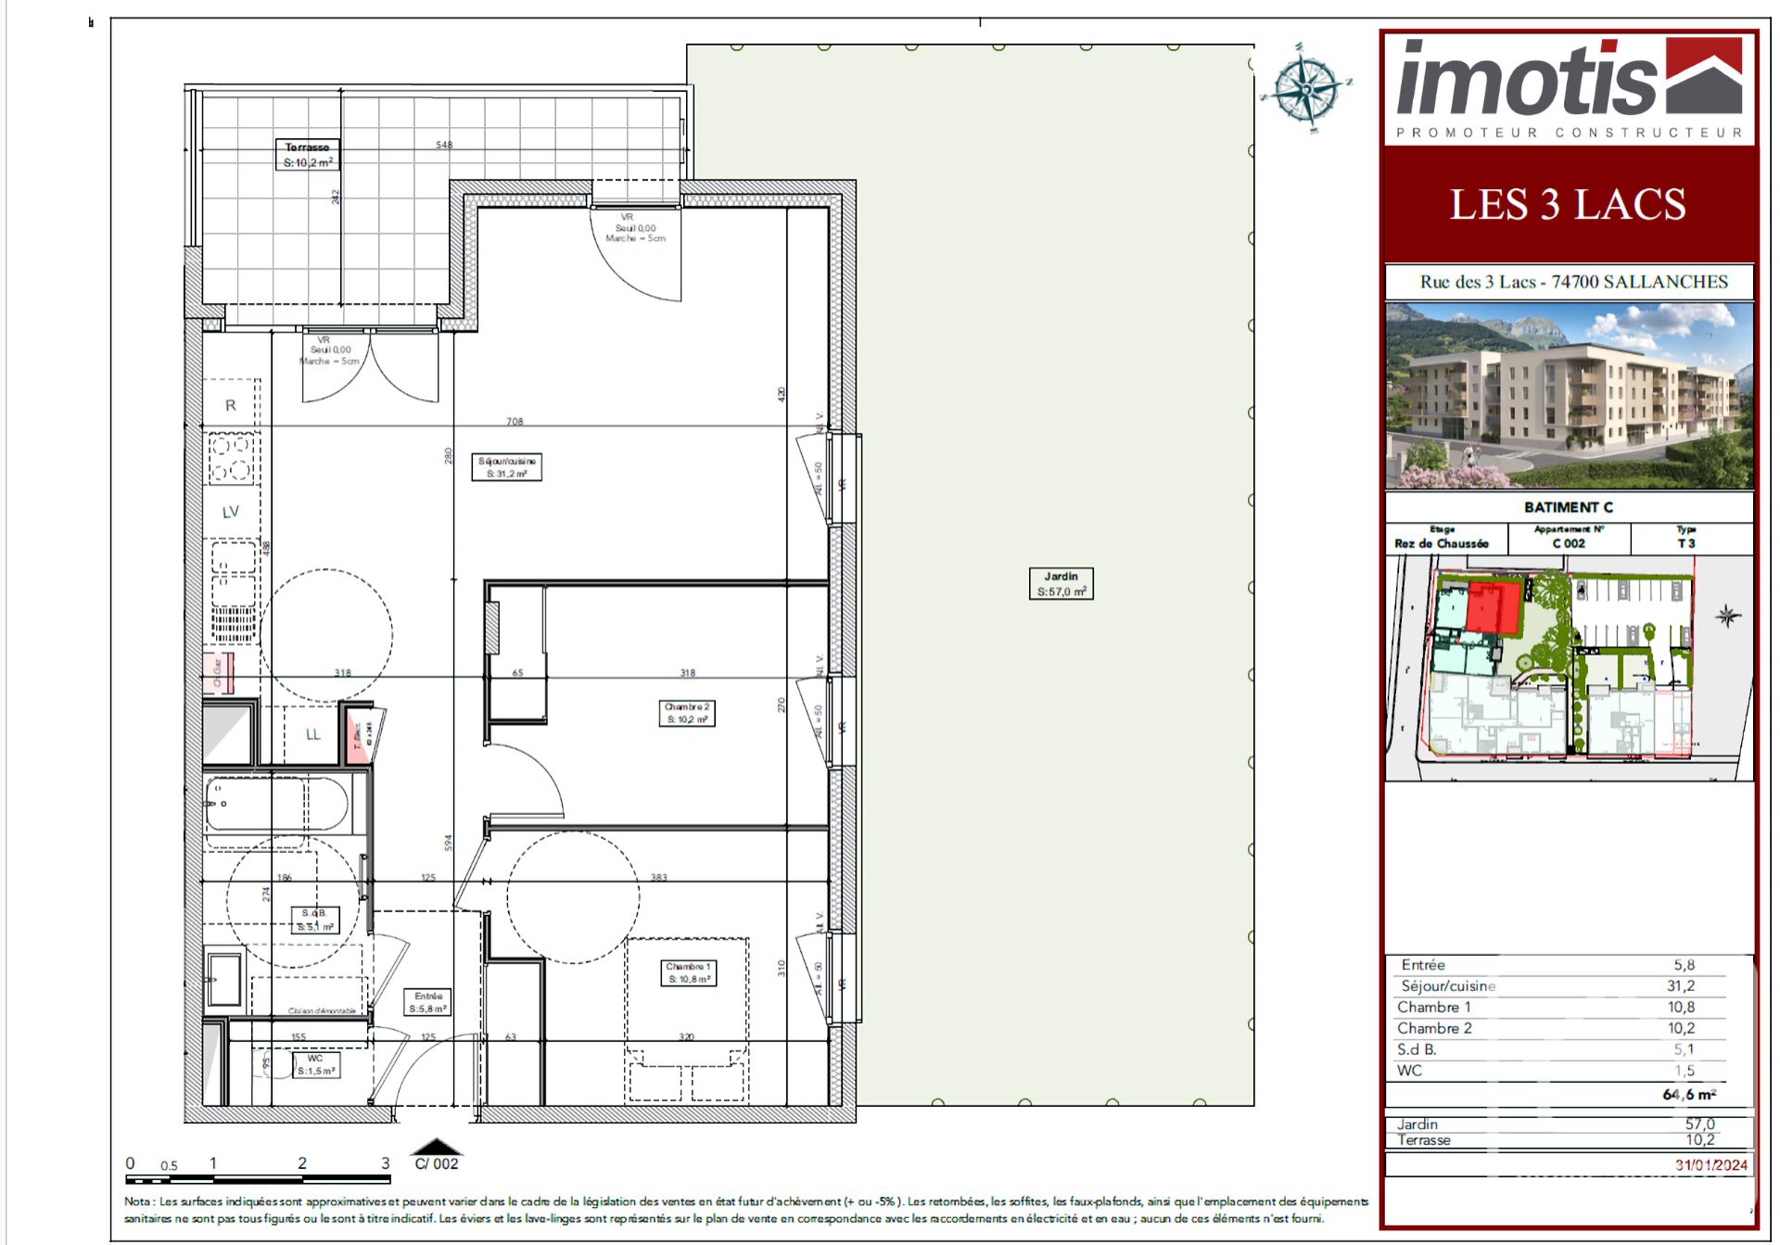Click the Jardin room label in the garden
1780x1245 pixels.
[x=1061, y=583]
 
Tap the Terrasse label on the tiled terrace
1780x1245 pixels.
[x=308, y=154]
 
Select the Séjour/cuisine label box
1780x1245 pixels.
[x=506, y=466]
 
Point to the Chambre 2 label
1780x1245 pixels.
[x=686, y=712]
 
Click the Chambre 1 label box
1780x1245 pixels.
[x=688, y=972]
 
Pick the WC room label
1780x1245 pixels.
[x=315, y=1064]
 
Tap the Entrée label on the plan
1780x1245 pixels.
[x=427, y=1002]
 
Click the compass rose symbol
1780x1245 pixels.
[x=1304, y=87]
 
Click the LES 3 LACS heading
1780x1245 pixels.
[x=1567, y=205]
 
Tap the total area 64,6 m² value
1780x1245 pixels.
[x=1688, y=1094]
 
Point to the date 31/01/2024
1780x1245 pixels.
[x=1710, y=1164]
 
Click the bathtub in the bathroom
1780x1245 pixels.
[x=277, y=804]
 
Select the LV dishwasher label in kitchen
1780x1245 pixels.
[x=231, y=512]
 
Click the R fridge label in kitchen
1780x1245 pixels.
[x=231, y=405]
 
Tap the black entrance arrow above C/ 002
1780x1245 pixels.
[x=436, y=1147]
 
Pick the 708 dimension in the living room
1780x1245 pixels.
[x=515, y=421]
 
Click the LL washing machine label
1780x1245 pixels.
[x=313, y=734]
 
